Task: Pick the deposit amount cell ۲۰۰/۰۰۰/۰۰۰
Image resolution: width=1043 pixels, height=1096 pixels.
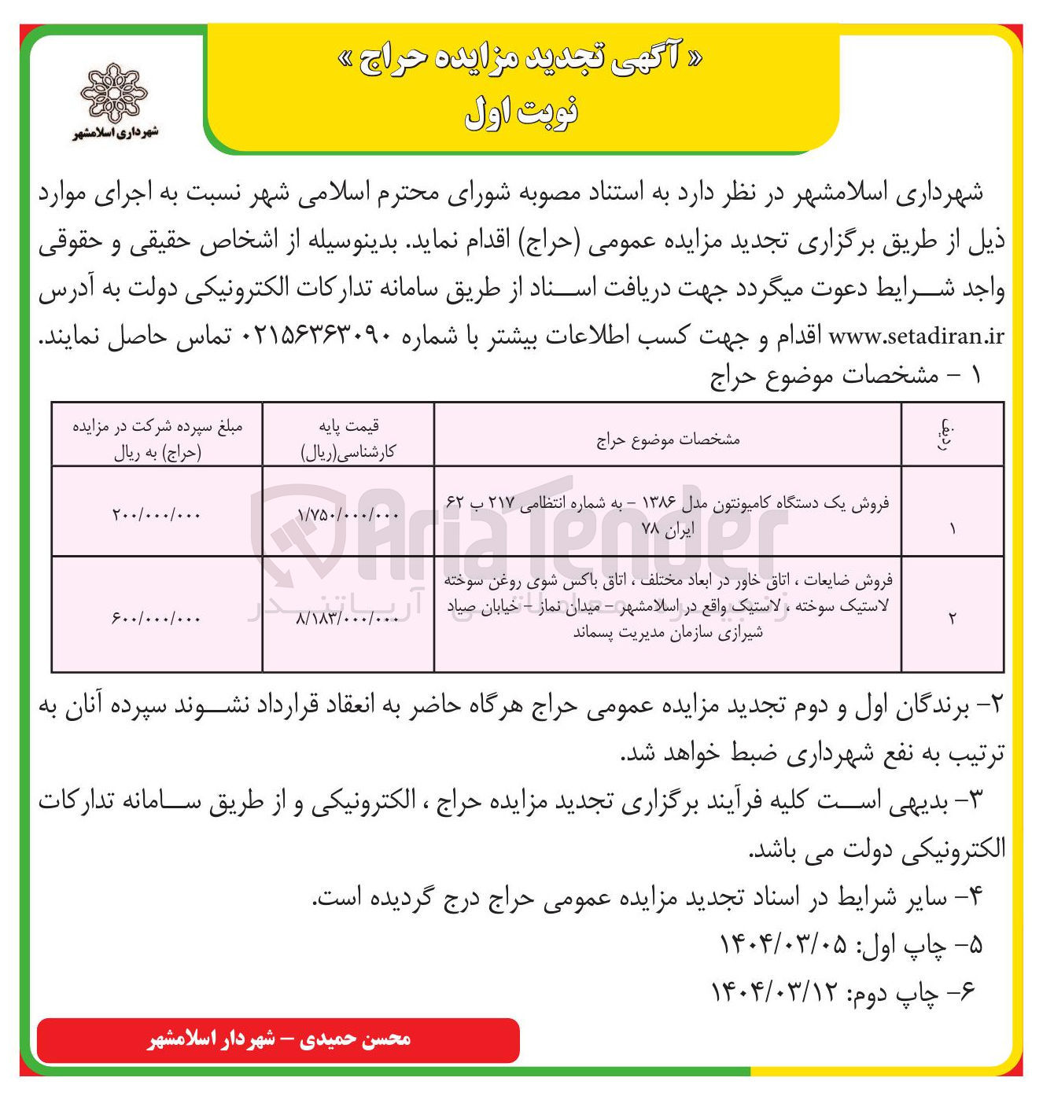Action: pyautogui.click(x=157, y=514)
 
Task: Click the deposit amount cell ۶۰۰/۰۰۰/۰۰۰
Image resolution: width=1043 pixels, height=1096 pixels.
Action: pyautogui.click(x=157, y=618)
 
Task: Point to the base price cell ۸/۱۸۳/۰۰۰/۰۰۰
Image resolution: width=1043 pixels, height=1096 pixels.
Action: pyautogui.click(x=348, y=618)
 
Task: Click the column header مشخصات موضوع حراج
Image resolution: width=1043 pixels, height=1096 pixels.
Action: pyautogui.click(x=668, y=438)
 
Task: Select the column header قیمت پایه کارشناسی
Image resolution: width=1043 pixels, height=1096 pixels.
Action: pyautogui.click(x=348, y=438)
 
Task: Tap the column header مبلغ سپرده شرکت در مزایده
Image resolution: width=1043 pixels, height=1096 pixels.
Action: pyautogui.click(x=157, y=438)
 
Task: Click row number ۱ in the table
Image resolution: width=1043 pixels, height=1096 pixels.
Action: pyautogui.click(x=952, y=528)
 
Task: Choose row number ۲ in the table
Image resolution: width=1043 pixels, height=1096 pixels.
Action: pyautogui.click(x=952, y=618)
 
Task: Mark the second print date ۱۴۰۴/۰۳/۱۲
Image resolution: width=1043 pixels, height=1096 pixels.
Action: pyautogui.click(x=775, y=992)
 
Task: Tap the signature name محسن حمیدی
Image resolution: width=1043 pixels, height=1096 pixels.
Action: pyautogui.click(x=368, y=1039)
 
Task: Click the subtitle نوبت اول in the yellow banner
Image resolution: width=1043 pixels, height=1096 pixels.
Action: pyautogui.click(x=521, y=112)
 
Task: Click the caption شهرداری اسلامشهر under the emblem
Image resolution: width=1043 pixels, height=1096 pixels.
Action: pyautogui.click(x=116, y=132)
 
